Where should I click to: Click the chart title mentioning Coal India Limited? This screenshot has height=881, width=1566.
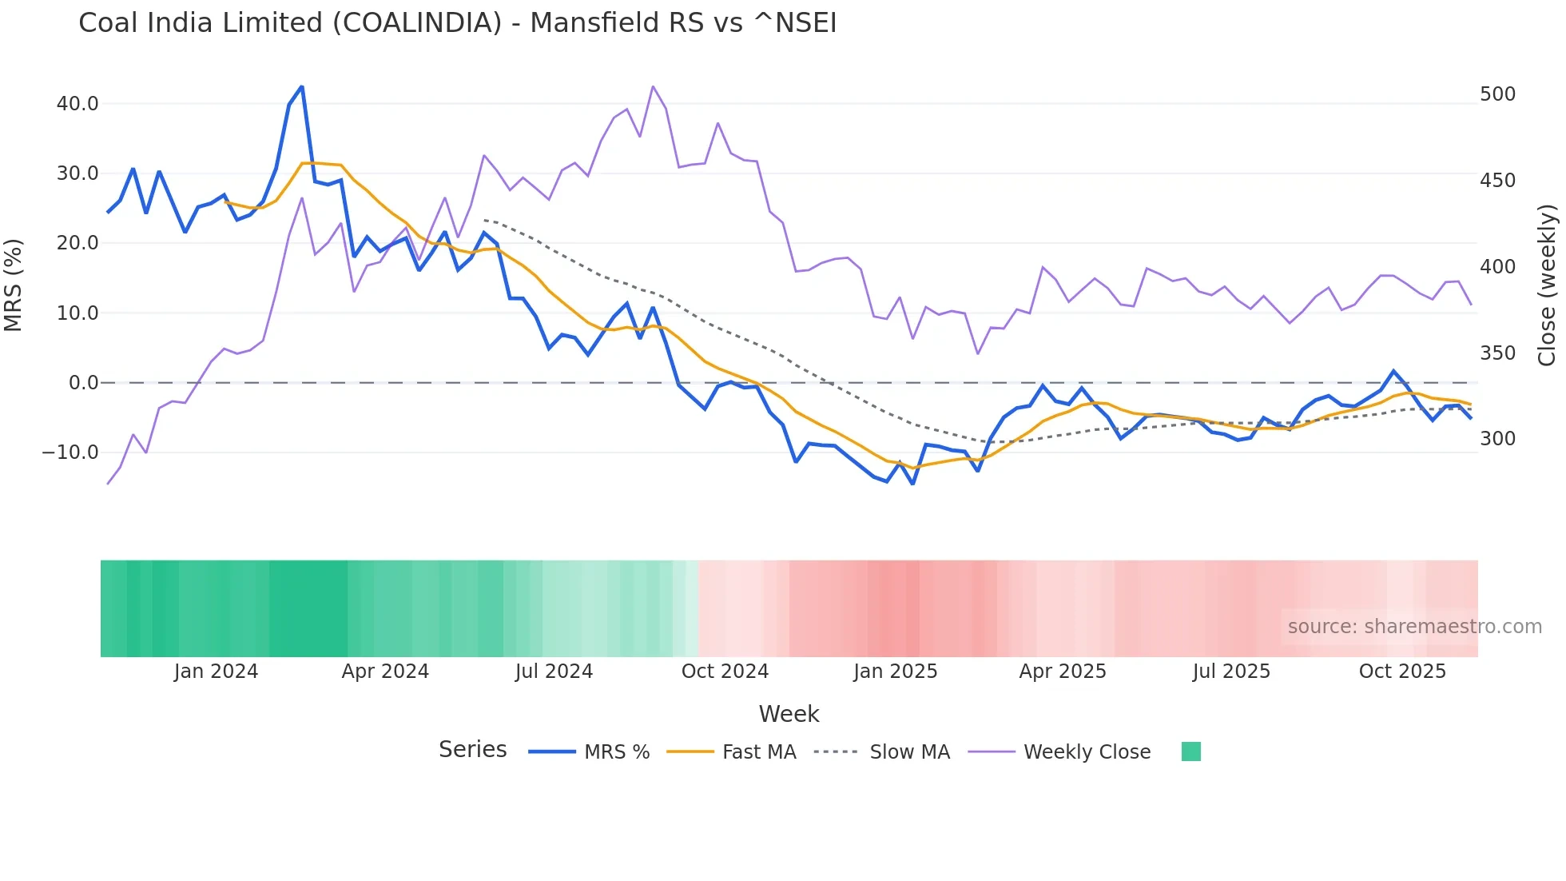457,23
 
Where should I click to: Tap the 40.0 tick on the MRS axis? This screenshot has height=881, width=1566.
78,104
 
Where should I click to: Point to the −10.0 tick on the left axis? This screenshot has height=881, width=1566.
70,452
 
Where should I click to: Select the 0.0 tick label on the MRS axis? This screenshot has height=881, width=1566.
83,383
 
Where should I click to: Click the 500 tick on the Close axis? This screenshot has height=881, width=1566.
1497,94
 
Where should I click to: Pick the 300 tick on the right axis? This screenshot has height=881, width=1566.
1497,439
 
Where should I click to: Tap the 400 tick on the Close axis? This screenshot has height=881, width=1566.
1497,267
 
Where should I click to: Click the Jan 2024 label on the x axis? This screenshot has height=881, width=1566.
216,672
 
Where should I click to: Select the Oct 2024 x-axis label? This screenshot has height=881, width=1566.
725,672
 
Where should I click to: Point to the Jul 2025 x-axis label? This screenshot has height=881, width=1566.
1231,672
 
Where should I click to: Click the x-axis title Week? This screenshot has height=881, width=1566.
789,714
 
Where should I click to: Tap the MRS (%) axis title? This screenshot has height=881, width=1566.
14,285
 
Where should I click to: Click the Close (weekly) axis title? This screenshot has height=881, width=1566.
1547,285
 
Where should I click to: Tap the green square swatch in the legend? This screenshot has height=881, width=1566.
1190,751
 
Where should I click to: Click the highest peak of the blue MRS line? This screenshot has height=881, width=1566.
301,86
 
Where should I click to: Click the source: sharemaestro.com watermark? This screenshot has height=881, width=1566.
1414,627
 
